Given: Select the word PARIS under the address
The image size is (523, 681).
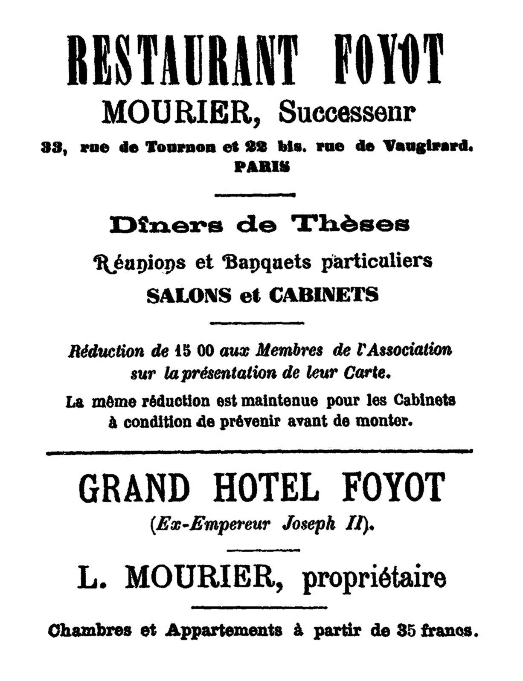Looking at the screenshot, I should (262, 167).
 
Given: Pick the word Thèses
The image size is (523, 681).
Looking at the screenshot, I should (350, 224).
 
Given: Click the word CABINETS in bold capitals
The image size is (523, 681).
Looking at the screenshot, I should (324, 295).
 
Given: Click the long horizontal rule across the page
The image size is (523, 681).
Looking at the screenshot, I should (259, 451).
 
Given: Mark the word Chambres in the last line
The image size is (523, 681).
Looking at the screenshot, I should (90, 630).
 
